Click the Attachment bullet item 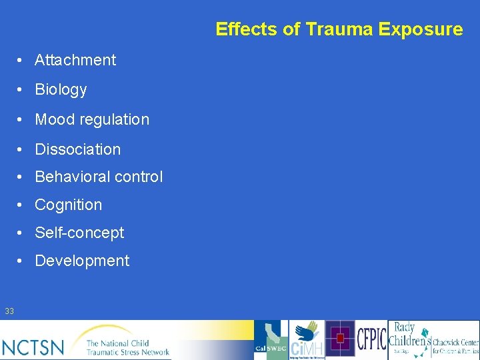(75, 60)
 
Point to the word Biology (61, 89)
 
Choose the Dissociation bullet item (77, 149)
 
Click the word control (138, 177)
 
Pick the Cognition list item (68, 205)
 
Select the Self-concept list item (79, 233)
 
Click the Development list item (82, 261)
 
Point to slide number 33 (9, 311)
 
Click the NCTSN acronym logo (33, 347)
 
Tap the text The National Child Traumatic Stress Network (127, 346)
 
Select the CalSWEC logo (271, 340)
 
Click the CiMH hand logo (307, 340)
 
